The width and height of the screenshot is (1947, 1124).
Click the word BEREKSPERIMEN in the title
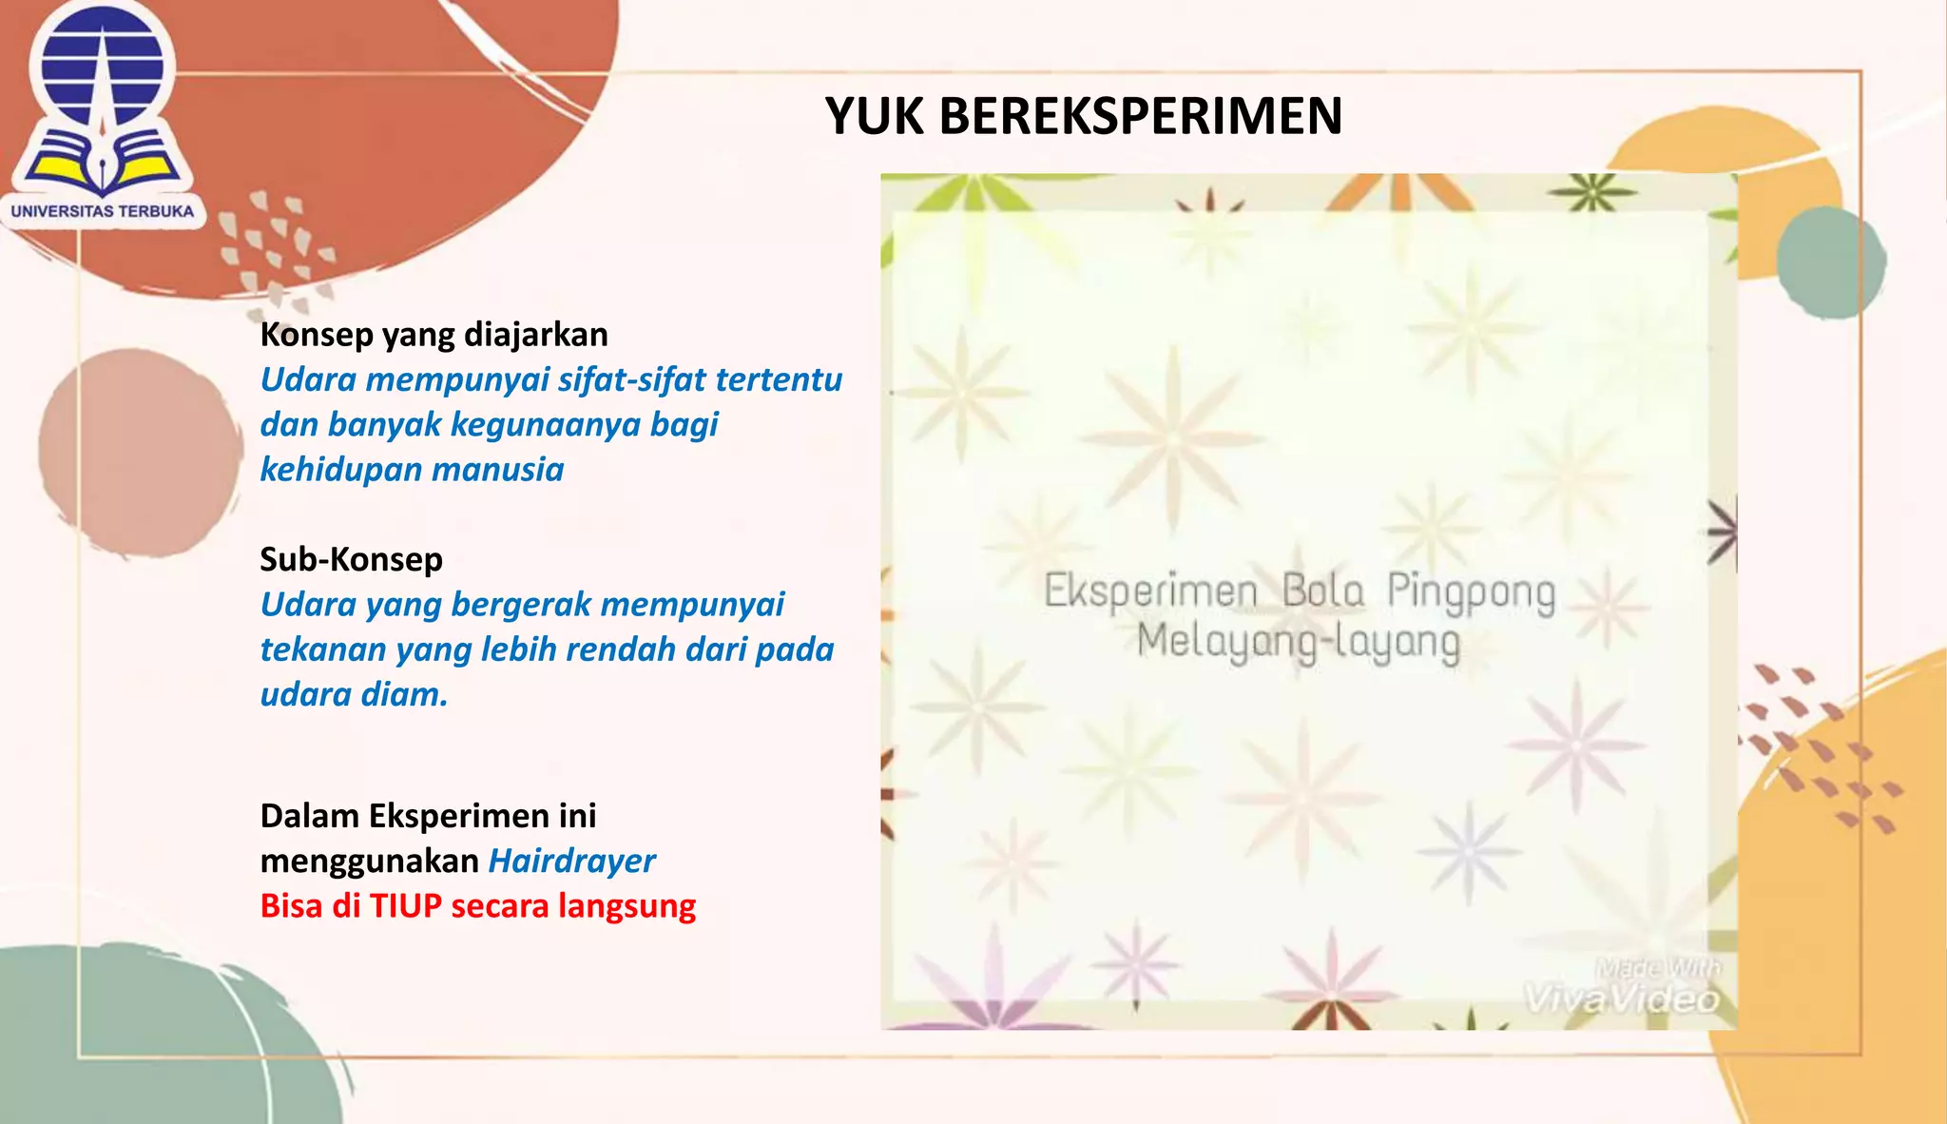click(1140, 116)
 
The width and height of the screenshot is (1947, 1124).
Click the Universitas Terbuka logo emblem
click(103, 100)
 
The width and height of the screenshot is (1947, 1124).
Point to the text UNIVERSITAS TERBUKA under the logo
click(103, 211)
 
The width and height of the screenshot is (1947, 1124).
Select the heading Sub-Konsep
click(351, 559)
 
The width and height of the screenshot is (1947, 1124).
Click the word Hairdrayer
click(571, 861)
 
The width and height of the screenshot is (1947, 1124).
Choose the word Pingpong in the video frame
click(1471, 591)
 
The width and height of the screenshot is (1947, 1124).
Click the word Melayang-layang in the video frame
click(1298, 641)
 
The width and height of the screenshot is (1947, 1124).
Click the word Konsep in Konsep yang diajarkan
click(316, 335)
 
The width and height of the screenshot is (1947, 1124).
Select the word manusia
click(498, 470)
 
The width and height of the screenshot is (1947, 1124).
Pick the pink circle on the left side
click(138, 453)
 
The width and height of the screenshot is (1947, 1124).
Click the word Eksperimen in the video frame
click(1150, 591)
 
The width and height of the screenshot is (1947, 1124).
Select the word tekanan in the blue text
click(322, 649)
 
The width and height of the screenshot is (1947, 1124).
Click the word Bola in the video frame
click(1322, 591)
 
